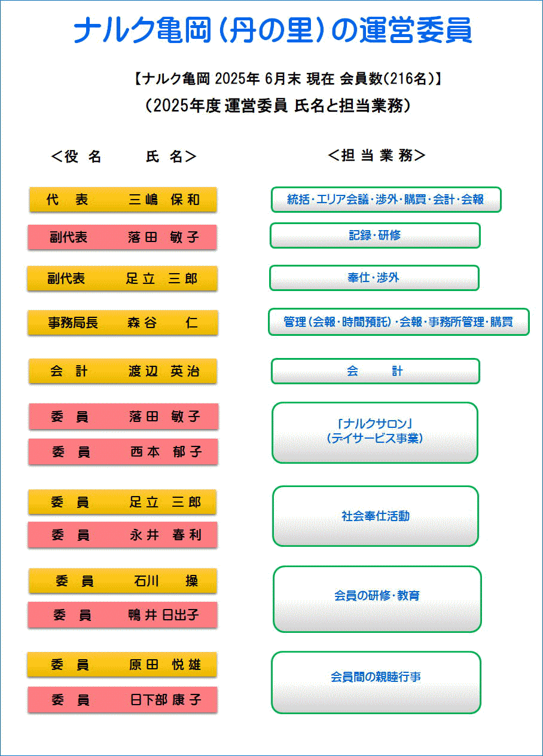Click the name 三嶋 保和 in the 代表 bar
point(164,200)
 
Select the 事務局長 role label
point(73,323)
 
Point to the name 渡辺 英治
point(164,371)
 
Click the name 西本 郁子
point(166,452)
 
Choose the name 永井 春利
point(166,535)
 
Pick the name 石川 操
point(166,581)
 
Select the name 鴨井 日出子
point(163,615)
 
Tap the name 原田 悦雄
point(165,665)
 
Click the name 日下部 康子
point(166,700)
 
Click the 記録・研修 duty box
point(375,235)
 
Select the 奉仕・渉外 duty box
point(374,278)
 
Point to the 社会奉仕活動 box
point(376,516)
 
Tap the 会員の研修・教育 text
point(377,595)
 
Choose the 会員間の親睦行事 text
point(376,677)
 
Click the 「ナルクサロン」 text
point(375,423)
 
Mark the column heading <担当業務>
point(377,155)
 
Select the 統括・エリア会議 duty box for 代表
point(386,200)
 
